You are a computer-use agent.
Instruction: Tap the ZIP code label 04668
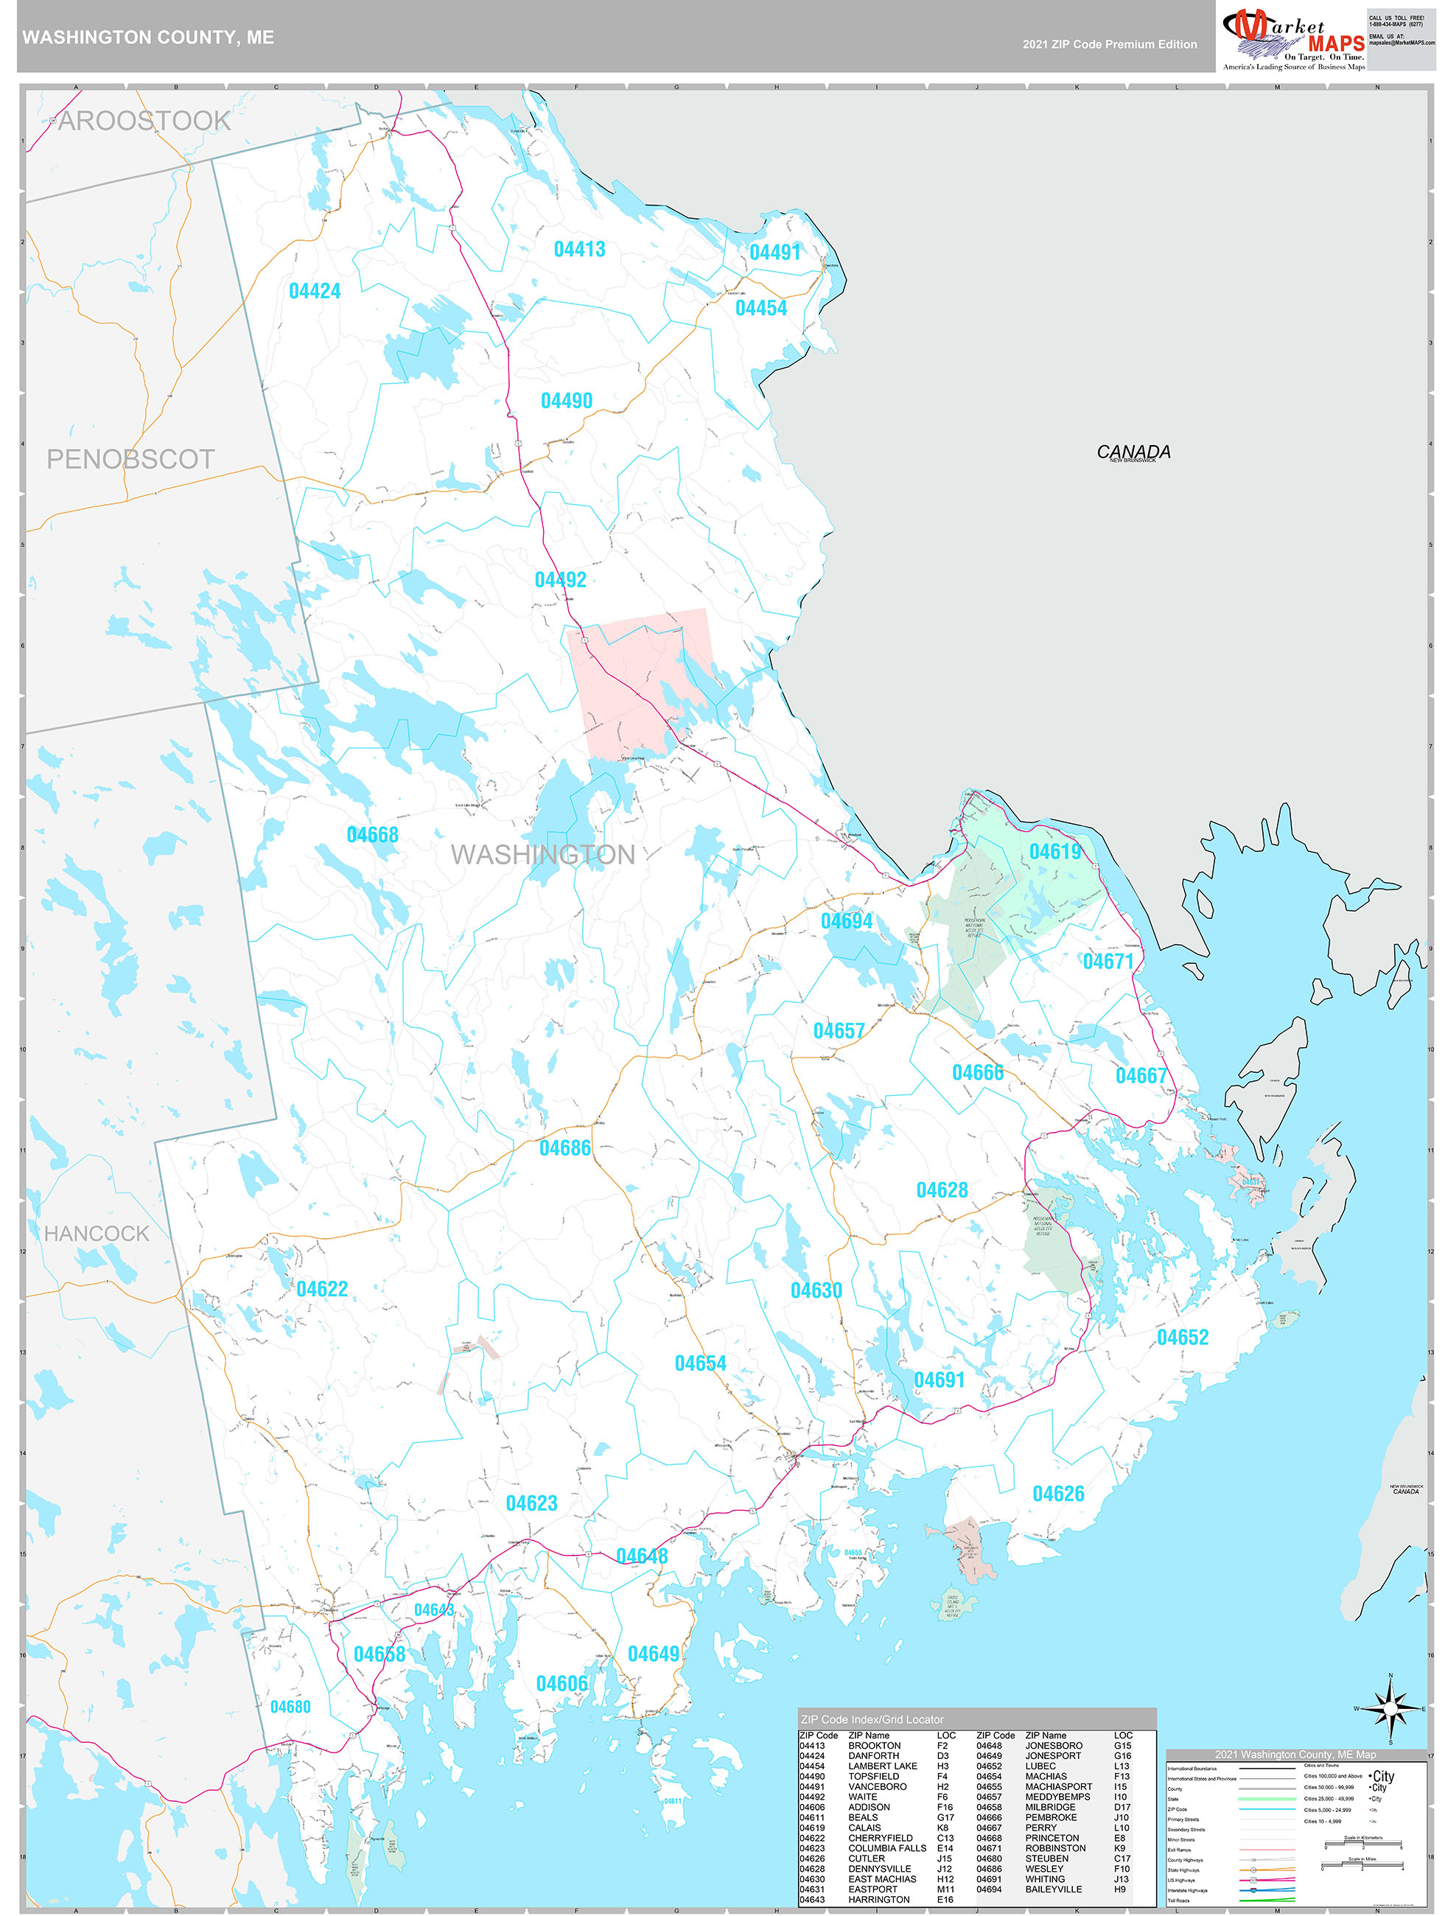373,835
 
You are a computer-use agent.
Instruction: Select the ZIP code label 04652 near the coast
1182,1338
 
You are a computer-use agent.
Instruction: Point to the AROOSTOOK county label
144,122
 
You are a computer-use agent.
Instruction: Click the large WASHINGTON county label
542,855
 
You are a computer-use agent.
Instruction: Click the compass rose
1390,1708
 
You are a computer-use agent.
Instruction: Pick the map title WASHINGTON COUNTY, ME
148,38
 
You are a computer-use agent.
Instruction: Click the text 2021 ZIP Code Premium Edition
1109,44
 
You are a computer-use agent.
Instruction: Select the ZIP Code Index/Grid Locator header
872,1719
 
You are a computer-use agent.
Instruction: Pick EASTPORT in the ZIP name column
872,1889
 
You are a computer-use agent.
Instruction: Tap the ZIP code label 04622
321,1289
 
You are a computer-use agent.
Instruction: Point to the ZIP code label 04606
561,1683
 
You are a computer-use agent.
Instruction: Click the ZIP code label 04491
774,252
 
